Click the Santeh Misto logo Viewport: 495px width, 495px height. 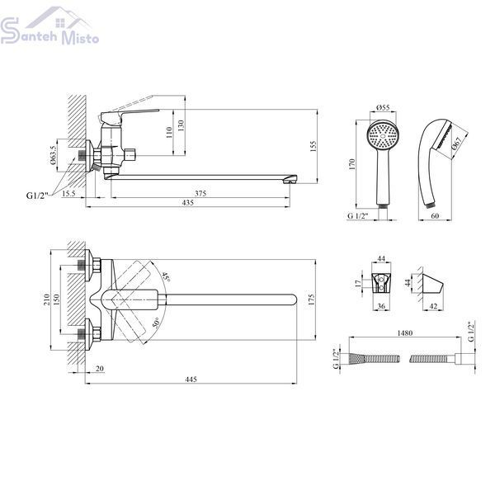point(49,27)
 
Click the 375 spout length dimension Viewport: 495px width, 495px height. point(200,193)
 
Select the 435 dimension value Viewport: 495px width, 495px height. point(187,203)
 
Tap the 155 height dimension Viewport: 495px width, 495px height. point(313,147)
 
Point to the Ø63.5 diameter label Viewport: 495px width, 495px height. point(53,155)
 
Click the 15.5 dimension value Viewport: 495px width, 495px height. point(68,193)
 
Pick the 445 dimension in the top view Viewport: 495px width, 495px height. point(191,379)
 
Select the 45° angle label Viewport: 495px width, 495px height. point(166,276)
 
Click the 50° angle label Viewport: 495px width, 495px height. point(156,323)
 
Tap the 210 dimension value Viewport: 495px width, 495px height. point(47,299)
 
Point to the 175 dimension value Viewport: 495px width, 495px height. point(311,299)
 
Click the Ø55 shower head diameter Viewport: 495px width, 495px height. point(383,107)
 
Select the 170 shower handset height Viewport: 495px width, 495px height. point(352,164)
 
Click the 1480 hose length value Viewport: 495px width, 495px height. point(405,333)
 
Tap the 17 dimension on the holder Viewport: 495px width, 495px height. point(358,284)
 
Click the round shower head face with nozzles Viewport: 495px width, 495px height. point(384,136)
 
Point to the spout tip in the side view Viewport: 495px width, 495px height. point(290,179)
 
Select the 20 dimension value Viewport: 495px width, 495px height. point(100,369)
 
